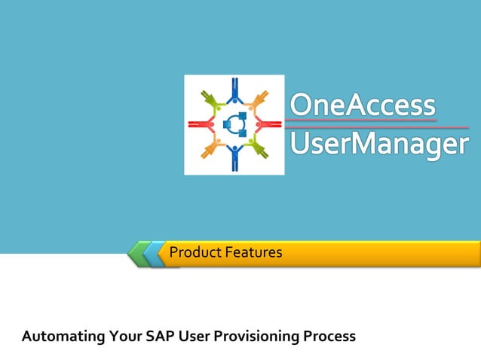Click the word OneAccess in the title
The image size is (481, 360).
[363, 105]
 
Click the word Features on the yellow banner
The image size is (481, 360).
[253, 252]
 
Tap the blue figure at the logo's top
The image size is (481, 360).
[234, 90]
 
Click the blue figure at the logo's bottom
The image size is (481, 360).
[234, 157]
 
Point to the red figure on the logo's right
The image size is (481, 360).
[268, 124]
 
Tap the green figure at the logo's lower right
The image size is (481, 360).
[259, 148]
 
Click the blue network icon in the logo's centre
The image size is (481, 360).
[234, 124]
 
